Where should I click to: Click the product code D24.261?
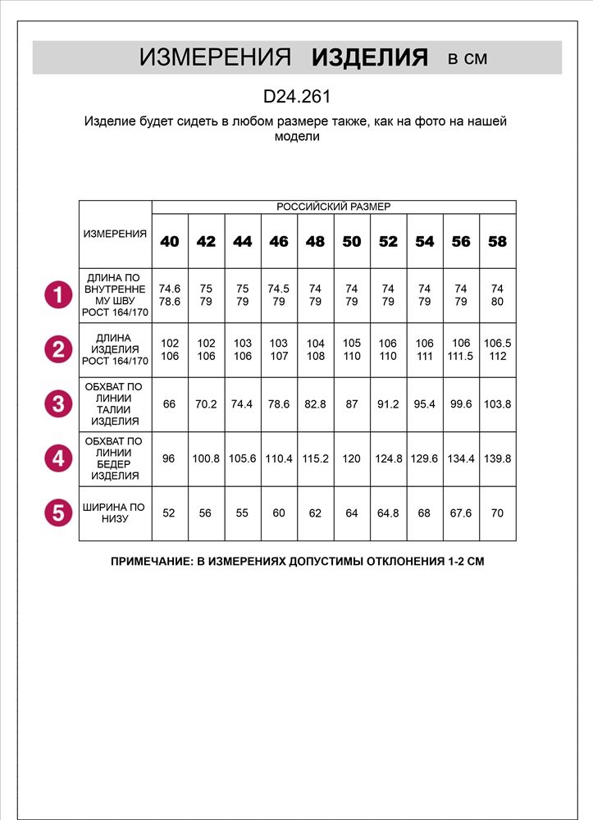tap(296, 97)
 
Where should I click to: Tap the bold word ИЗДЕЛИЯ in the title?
tap(370, 57)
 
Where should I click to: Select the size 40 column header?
tap(170, 242)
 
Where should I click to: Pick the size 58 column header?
tap(497, 242)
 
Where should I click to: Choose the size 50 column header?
tap(351, 242)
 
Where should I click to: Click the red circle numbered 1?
tap(57, 295)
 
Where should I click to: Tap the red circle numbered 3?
tap(57, 404)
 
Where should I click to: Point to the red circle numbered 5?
tap(57, 513)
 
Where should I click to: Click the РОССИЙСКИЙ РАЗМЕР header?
tap(334, 207)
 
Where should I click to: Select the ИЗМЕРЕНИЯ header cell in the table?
tap(115, 234)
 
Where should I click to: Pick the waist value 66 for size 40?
tap(170, 404)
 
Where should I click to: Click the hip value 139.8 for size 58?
tap(497, 459)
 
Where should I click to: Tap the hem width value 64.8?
tap(388, 513)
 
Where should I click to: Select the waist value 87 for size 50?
tap(351, 404)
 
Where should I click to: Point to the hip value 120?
tap(351, 459)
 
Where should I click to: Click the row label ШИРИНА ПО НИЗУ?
tap(115, 513)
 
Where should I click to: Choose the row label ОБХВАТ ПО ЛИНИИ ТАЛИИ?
tap(115, 404)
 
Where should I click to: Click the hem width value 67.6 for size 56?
tap(461, 513)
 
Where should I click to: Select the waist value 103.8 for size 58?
tap(497, 404)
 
